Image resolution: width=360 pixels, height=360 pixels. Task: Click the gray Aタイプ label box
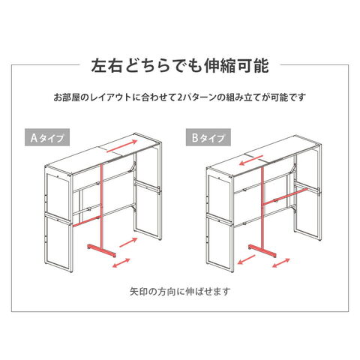[47, 137]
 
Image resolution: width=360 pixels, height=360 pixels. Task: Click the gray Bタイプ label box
[208, 137]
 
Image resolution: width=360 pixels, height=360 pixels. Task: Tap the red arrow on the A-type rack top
[122, 146]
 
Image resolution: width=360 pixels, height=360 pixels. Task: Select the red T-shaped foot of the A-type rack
[102, 250]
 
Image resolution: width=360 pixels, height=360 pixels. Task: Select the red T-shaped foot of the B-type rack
[262, 251]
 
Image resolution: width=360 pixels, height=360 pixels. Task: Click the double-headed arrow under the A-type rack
[121, 263]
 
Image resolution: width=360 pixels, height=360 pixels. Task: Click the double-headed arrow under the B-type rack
[281, 262]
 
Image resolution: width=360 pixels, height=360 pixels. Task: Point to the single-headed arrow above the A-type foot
[128, 242]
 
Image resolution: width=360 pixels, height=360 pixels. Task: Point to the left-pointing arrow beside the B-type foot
[246, 259]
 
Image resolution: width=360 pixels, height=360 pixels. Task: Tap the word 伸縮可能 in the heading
[236, 66]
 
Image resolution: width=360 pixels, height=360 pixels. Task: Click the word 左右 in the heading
[107, 66]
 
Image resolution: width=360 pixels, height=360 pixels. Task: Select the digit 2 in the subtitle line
[180, 97]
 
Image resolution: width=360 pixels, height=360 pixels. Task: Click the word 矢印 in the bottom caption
[139, 291]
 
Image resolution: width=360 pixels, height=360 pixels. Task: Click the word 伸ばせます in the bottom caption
[208, 291]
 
